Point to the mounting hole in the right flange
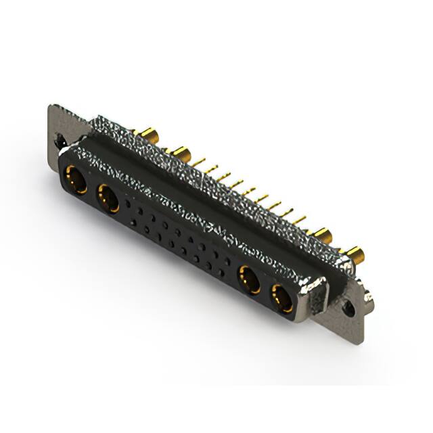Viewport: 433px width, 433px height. click(348, 308)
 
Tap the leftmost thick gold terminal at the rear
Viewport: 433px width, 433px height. click(144, 132)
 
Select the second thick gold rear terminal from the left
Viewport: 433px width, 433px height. click(180, 151)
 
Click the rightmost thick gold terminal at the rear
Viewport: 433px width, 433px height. click(355, 256)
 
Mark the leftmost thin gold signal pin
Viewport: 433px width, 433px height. click(200, 161)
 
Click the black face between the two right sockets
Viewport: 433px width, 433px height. click(266, 289)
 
